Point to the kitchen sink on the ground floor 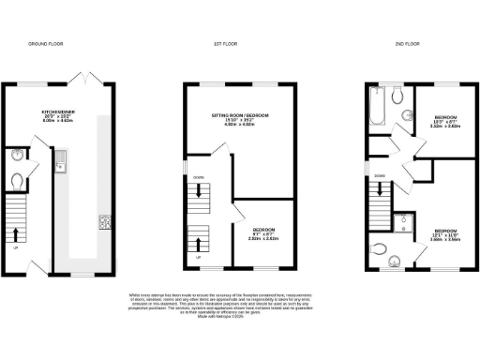point(59,170)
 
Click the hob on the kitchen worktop point(103,223)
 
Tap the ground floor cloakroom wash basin point(20,156)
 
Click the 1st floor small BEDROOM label point(263,232)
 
